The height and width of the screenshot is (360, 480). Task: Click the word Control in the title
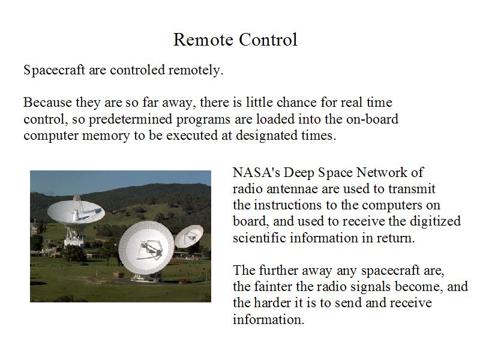tap(268, 40)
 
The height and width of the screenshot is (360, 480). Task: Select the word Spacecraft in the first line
tap(54, 70)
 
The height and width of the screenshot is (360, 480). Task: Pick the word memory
tap(106, 136)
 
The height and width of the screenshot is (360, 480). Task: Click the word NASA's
tap(256, 172)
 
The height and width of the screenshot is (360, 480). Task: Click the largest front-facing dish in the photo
tap(146, 247)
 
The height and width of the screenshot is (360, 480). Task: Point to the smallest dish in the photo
tap(189, 236)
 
